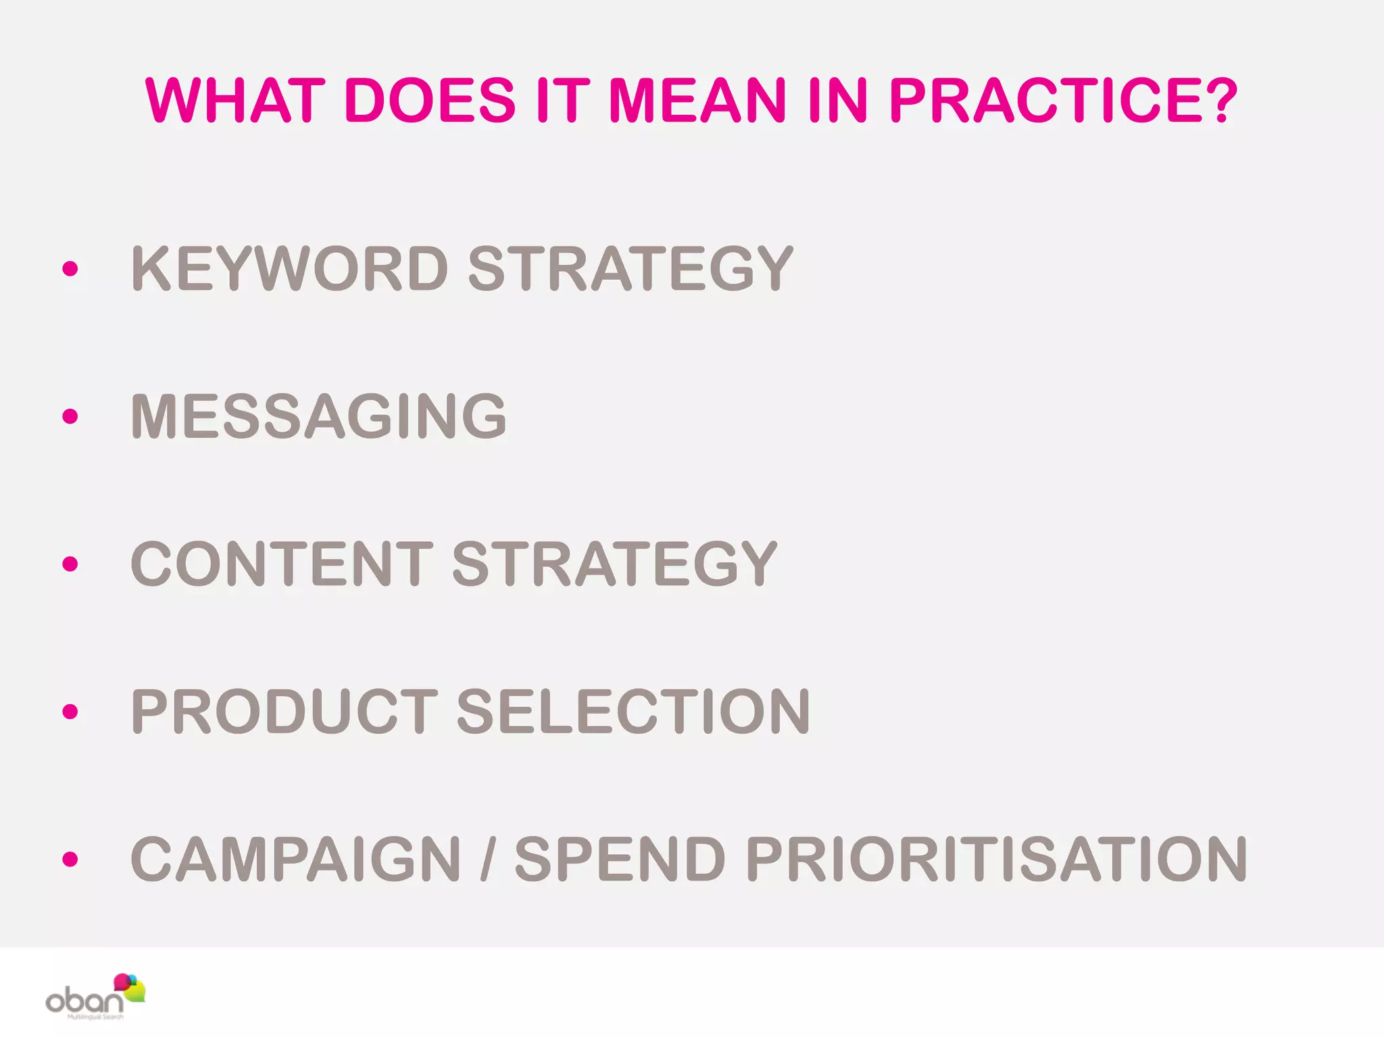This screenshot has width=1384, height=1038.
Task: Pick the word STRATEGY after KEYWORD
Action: (630, 269)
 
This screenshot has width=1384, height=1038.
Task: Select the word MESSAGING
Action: (318, 416)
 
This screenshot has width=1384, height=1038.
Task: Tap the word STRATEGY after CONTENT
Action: (614, 564)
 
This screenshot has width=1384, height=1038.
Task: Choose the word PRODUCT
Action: (285, 711)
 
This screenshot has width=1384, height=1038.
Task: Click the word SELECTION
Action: (633, 711)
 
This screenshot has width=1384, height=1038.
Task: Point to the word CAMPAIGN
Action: (295, 859)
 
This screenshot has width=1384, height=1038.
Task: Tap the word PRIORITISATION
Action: (996, 859)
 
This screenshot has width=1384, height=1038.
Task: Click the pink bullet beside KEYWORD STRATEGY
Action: (70, 269)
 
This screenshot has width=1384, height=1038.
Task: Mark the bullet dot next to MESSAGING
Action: (70, 416)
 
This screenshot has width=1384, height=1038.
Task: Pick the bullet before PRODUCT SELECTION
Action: (70, 712)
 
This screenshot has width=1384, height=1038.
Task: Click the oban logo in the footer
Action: (95, 997)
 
